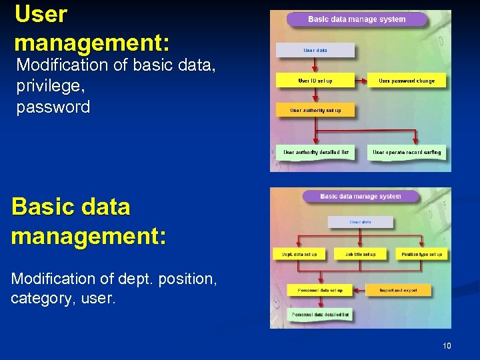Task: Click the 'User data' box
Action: point(315,51)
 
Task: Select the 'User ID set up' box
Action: point(315,81)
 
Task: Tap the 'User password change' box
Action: point(407,81)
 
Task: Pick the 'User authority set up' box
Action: point(315,110)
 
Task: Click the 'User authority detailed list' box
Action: point(316,153)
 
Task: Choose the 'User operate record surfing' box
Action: point(407,153)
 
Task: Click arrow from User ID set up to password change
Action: point(361,81)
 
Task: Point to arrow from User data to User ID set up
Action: point(315,65)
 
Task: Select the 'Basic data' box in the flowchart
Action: point(360,222)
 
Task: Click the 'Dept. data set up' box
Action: point(299,254)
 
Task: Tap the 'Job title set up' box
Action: point(360,254)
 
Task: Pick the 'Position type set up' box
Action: point(421,254)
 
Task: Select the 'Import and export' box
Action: point(398,291)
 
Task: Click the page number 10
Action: point(446,346)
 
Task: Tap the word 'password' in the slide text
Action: point(53,107)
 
